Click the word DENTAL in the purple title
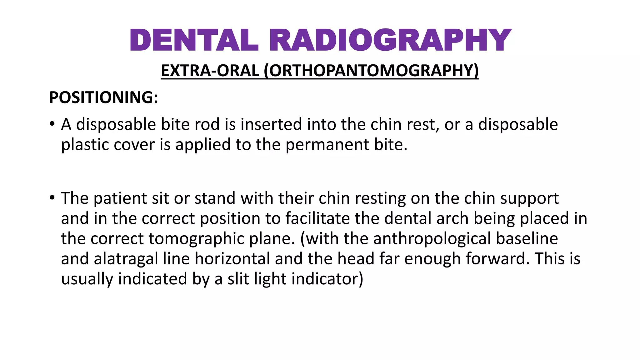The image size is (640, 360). point(194,40)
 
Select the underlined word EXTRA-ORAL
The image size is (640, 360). point(210,71)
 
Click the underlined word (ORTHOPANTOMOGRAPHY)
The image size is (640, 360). point(371,71)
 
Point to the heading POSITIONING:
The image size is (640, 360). point(103,97)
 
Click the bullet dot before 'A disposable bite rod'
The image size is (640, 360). point(52,123)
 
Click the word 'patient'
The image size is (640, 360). point(120,198)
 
